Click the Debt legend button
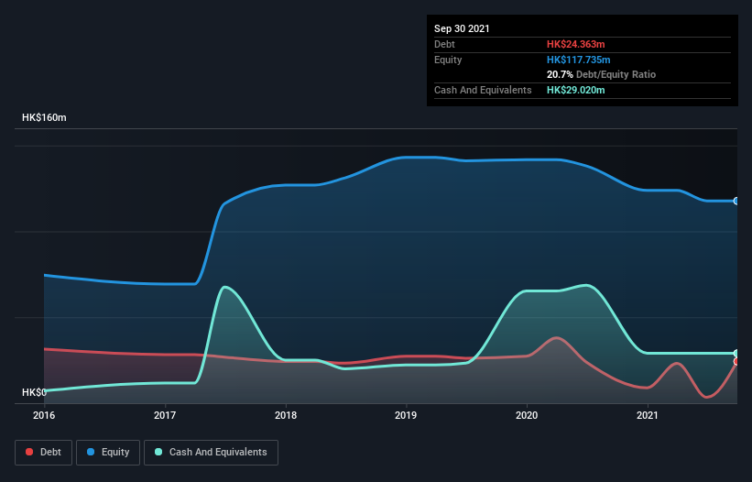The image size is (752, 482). click(x=45, y=452)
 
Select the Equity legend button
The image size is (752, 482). click(x=108, y=452)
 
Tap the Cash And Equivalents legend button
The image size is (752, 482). click(x=211, y=452)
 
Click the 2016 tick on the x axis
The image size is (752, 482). click(x=44, y=415)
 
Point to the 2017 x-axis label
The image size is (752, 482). click(x=165, y=415)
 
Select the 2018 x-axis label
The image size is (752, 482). click(x=286, y=415)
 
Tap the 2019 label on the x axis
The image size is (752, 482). click(x=406, y=415)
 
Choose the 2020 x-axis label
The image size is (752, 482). click(x=527, y=415)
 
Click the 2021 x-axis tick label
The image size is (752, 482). click(x=648, y=415)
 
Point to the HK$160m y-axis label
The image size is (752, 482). click(x=44, y=118)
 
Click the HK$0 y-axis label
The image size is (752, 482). click(x=34, y=392)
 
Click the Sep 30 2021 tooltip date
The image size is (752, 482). click(x=462, y=28)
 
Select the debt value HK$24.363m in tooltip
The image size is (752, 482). click(x=575, y=44)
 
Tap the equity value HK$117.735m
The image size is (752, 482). click(x=578, y=60)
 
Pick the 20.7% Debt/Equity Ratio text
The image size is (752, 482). click(x=601, y=74)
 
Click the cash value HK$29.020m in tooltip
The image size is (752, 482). click(x=575, y=90)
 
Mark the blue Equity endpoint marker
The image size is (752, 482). click(x=736, y=201)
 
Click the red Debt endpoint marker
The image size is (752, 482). click(x=736, y=362)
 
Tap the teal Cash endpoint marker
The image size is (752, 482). click(x=736, y=353)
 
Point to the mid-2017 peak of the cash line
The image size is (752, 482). click(x=224, y=287)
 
